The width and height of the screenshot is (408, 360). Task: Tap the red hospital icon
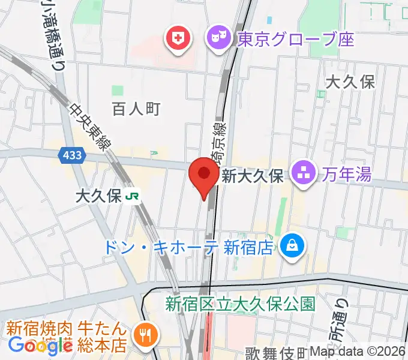coord(178,40)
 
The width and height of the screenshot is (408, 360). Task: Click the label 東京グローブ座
coord(296,40)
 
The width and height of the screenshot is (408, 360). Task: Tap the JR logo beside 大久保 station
coord(133,196)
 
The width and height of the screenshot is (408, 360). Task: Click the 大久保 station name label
coord(99,196)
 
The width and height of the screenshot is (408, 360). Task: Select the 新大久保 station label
coord(252,176)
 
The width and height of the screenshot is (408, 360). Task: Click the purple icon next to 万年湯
coord(304,175)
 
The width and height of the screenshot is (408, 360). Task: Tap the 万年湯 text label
coord(346,175)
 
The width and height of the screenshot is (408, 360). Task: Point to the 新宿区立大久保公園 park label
coord(241,304)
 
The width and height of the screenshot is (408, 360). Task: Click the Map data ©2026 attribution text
coord(358,352)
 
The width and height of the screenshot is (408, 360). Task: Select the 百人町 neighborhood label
coord(137,109)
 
